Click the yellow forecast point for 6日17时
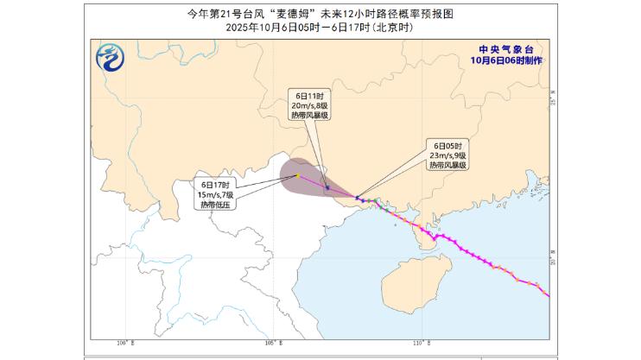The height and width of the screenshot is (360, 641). coord(298,175)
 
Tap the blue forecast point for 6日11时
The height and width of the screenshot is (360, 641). coord(327,187)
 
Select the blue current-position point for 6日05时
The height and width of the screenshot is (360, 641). coord(359,199)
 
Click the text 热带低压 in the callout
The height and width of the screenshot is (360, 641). coord(214,205)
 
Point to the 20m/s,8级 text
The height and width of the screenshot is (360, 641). coord(308,105)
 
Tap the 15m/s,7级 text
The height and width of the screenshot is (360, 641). coord(214,194)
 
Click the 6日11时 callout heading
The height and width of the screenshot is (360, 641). coord(308,95)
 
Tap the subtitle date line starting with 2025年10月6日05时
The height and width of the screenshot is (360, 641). coord(320,28)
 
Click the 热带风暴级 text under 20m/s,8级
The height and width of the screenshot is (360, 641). coord(308,116)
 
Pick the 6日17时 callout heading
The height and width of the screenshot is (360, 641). coord(214,184)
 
